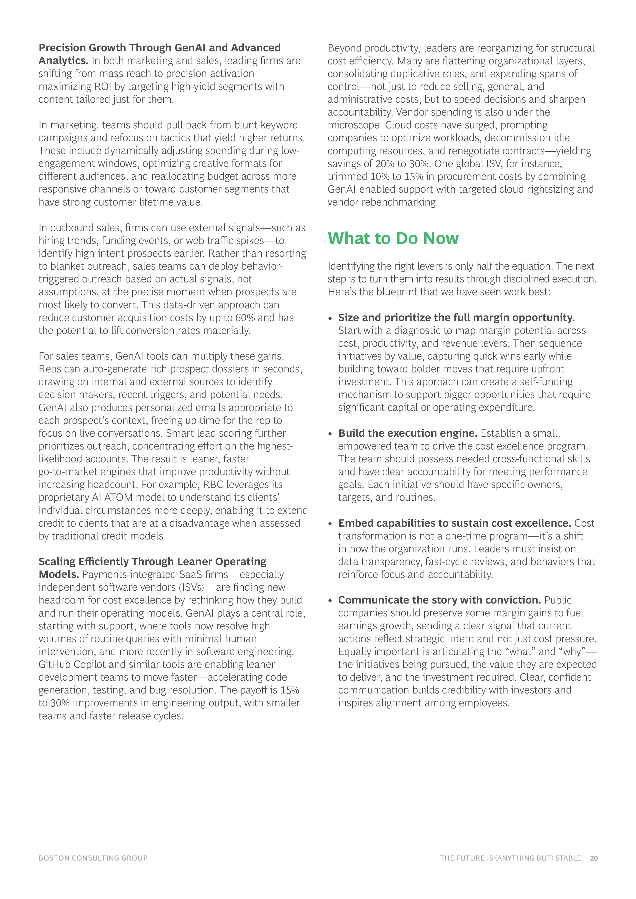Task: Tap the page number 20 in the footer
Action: (594, 858)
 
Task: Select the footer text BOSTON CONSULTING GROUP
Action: (93, 858)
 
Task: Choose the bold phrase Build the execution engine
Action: (407, 433)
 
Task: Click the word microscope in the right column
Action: (354, 125)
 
